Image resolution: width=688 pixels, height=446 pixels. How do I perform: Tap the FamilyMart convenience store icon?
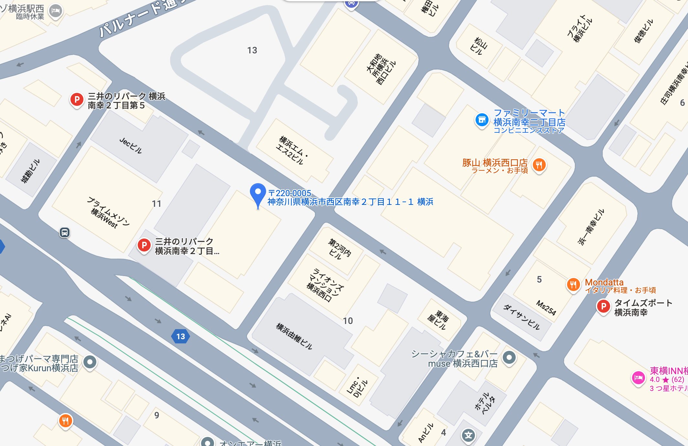click(x=482, y=120)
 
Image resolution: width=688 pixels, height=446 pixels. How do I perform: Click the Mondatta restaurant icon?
click(x=573, y=285)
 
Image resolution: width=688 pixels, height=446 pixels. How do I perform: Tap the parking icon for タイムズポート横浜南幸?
click(x=603, y=306)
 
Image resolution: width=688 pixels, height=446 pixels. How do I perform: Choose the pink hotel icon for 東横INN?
click(x=638, y=378)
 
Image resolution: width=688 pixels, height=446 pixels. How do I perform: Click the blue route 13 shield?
click(x=180, y=337)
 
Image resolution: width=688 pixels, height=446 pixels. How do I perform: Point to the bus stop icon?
click(x=65, y=232)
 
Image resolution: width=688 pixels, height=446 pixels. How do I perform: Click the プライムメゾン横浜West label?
click(x=108, y=212)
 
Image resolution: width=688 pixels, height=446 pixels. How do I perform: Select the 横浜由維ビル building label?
click(x=294, y=336)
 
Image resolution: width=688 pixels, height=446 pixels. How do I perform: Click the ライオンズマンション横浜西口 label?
click(x=325, y=284)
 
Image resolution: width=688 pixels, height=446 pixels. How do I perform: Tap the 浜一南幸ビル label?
click(x=591, y=227)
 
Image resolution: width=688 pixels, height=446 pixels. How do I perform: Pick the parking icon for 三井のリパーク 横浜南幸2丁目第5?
click(x=77, y=100)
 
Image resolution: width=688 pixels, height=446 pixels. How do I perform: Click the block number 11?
click(x=156, y=204)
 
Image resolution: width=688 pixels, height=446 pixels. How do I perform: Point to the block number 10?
click(x=348, y=321)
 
